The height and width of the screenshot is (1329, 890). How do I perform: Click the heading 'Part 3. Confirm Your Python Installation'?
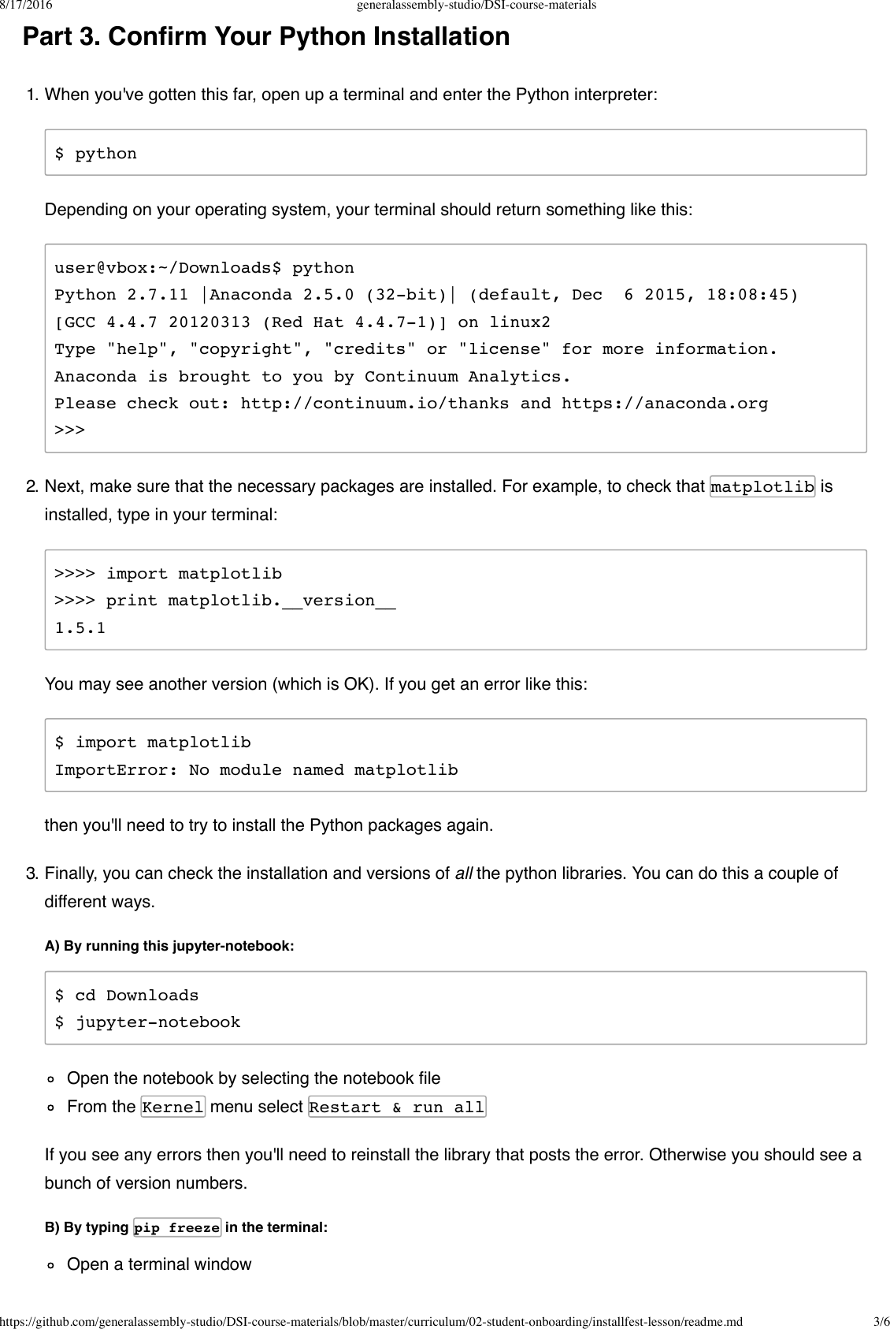pyautogui.click(x=266, y=37)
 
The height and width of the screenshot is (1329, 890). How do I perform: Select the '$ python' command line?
pyautogui.click(x=96, y=154)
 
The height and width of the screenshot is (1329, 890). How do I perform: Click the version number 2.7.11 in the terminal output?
pyautogui.click(x=158, y=295)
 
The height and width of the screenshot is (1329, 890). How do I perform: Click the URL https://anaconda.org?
pyautogui.click(x=665, y=404)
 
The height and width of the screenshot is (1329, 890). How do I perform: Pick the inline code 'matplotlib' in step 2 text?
pyautogui.click(x=762, y=487)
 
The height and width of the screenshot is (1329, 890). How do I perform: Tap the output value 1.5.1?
pyautogui.click(x=80, y=628)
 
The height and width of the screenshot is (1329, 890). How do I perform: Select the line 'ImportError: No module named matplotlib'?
pyautogui.click(x=256, y=770)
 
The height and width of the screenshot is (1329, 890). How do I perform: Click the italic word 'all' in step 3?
pyautogui.click(x=463, y=873)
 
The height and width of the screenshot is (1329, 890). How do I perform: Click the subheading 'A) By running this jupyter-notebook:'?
pyautogui.click(x=169, y=946)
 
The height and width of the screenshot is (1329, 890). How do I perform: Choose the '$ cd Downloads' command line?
pyautogui.click(x=127, y=996)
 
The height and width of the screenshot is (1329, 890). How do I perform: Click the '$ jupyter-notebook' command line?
pyautogui.click(x=147, y=1022)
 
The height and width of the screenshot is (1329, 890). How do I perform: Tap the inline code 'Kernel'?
pyautogui.click(x=173, y=1107)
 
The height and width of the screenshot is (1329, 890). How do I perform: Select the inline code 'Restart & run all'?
pyautogui.click(x=397, y=1107)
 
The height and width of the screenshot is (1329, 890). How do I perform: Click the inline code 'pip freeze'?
pyautogui.click(x=177, y=1228)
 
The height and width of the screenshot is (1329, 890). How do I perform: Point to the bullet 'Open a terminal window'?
pyautogui.click(x=159, y=1264)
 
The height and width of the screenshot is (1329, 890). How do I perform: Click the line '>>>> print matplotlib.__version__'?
pyautogui.click(x=225, y=601)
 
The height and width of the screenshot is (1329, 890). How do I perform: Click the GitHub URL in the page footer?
pyautogui.click(x=371, y=1321)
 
